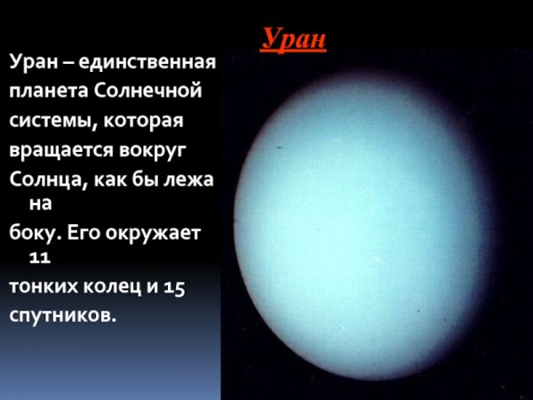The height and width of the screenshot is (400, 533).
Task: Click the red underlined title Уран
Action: [x=294, y=39]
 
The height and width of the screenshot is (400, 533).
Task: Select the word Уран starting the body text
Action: [x=34, y=63]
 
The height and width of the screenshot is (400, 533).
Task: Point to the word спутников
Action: [x=62, y=315]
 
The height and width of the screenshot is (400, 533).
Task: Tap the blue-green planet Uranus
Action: [x=373, y=231]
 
